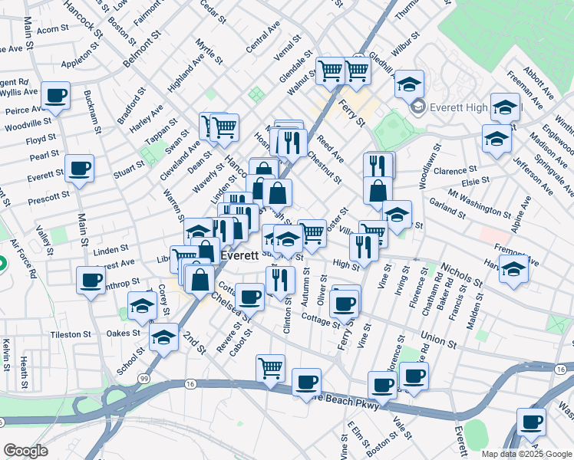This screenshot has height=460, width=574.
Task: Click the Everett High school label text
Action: click(x=464, y=107)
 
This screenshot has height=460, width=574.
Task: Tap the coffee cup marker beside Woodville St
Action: click(x=55, y=97)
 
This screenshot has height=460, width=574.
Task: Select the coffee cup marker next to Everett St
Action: click(x=79, y=169)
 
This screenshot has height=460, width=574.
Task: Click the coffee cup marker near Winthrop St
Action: click(x=91, y=280)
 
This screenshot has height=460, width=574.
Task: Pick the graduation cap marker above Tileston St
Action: click(x=142, y=306)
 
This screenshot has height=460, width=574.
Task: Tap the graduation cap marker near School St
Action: click(x=163, y=337)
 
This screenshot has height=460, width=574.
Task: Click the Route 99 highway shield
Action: click(x=143, y=378)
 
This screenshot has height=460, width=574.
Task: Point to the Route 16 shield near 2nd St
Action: click(x=190, y=383)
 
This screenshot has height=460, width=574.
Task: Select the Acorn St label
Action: click(x=52, y=30)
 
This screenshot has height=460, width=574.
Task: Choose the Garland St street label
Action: click(x=447, y=206)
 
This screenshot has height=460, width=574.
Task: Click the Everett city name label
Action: click(x=237, y=256)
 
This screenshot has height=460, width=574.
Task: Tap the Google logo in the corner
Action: click(x=25, y=451)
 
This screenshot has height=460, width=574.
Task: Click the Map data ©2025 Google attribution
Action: click(x=526, y=454)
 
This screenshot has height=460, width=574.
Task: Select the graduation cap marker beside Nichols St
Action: click(x=513, y=271)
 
